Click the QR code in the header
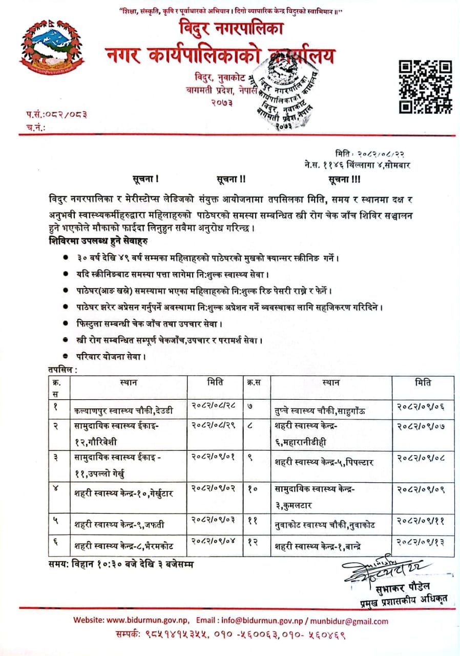425,86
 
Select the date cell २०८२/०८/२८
214,405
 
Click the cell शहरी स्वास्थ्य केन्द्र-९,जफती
122,524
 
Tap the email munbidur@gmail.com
352,621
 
